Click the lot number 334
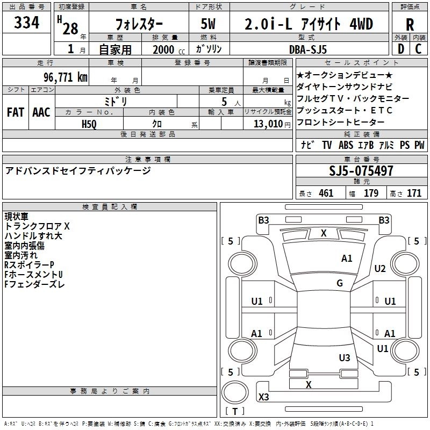pyautogui.click(x=26, y=23)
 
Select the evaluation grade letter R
pyautogui.click(x=410, y=24)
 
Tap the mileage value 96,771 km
pyautogui.click(x=65, y=77)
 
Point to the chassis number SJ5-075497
pyautogui.click(x=361, y=171)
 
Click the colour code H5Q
pyautogui.click(x=89, y=124)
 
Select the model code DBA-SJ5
pyautogui.click(x=308, y=49)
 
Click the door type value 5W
pyautogui.click(x=208, y=24)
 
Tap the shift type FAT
pyautogui.click(x=16, y=112)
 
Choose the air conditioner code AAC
pyautogui.click(x=41, y=112)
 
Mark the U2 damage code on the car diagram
pyautogui.click(x=380, y=268)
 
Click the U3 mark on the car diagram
pyautogui.click(x=345, y=357)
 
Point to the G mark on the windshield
pyautogui.click(x=340, y=283)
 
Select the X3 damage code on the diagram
pyautogui.click(x=263, y=397)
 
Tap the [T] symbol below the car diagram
pyautogui.click(x=235, y=412)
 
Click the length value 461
pyautogui.click(x=326, y=193)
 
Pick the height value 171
pyautogui.click(x=414, y=193)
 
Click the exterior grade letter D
pyautogui.click(x=400, y=49)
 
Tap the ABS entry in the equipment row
pyautogui.click(x=346, y=145)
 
